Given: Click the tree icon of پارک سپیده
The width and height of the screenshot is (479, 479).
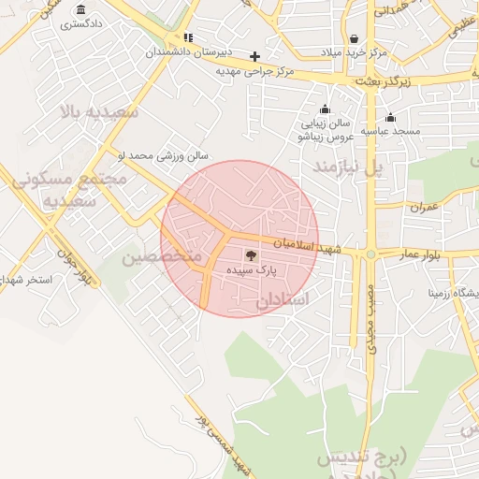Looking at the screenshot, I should (252, 254).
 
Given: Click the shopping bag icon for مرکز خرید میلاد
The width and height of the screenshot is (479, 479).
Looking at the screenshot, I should (354, 38).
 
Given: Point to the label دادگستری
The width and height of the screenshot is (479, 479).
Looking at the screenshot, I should (82, 24).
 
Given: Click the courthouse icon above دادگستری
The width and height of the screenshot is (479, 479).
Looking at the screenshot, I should (83, 10).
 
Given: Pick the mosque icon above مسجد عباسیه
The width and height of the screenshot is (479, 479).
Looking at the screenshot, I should (390, 118).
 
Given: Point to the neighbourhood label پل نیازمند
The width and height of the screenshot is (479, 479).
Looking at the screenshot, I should (347, 167).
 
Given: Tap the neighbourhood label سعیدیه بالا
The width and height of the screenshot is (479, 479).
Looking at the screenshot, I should (98, 112).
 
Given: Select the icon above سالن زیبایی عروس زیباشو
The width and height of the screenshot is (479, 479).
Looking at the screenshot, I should (324, 109).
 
